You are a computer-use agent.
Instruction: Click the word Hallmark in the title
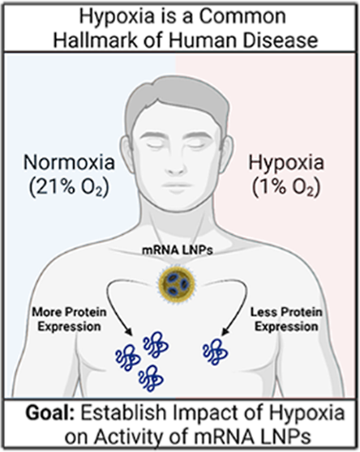click(95, 40)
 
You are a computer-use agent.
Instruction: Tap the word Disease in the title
click(280, 40)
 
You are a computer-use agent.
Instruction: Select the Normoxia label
click(69, 162)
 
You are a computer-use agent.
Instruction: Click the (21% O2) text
click(69, 188)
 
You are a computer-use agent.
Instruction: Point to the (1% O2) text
click(286, 188)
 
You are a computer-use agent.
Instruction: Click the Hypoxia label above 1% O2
click(286, 164)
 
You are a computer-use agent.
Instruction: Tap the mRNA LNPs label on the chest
click(178, 250)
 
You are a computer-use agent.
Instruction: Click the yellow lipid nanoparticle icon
click(177, 284)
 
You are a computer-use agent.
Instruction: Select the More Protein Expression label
click(69, 319)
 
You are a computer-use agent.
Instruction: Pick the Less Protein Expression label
click(286, 319)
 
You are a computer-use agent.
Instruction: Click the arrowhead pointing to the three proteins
click(128, 331)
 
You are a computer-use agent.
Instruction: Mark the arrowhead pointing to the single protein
click(226, 331)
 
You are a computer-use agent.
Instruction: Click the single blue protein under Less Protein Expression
click(215, 352)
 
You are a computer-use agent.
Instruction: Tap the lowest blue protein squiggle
click(151, 378)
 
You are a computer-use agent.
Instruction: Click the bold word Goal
click(50, 413)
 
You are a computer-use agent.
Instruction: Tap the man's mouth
click(176, 185)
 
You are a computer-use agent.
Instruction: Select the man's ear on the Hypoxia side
click(226, 152)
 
